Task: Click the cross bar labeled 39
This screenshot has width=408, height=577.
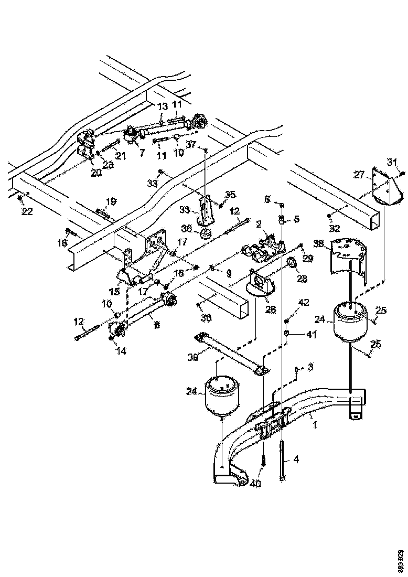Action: click(231, 353)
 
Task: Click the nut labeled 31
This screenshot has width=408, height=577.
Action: click(402, 174)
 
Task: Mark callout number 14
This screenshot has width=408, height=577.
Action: click(122, 351)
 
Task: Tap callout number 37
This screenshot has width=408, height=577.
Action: click(191, 144)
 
